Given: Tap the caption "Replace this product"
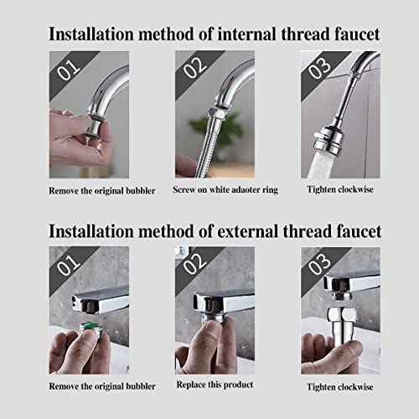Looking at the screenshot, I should [x=215, y=385].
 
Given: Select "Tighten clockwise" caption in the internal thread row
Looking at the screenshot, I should [x=340, y=190].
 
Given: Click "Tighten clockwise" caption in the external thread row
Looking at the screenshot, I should [x=340, y=385].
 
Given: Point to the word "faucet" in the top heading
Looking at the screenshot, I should [x=351, y=34].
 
